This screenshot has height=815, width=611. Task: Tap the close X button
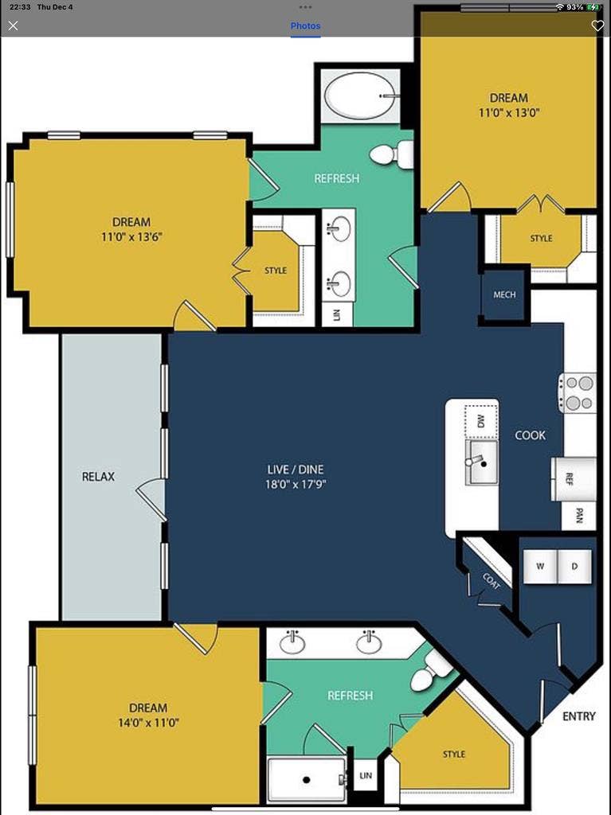(13, 25)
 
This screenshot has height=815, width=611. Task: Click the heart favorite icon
(597, 25)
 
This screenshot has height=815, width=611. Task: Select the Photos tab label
(305, 25)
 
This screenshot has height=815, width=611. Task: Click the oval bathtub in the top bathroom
(360, 96)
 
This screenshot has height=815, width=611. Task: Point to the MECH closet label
(504, 294)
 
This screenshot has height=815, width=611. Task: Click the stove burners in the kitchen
(578, 392)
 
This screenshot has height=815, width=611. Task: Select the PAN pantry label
(578, 516)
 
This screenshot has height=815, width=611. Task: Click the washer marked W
(540, 566)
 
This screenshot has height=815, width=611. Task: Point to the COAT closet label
(491, 580)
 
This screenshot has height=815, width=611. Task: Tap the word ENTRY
(578, 716)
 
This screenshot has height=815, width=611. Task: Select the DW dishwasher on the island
(480, 421)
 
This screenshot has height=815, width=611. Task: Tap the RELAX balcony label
(98, 477)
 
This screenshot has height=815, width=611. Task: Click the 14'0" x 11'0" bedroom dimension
(148, 723)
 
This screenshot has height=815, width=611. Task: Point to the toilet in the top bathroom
(390, 154)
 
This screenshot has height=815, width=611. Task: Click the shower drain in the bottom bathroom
(306, 780)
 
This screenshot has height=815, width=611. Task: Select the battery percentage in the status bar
(574, 6)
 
